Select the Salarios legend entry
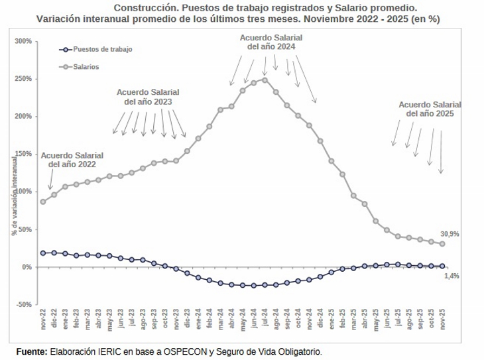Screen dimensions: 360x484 tap(87, 66)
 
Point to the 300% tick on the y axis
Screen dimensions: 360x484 tap(23, 41)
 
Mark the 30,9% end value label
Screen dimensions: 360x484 tap(450, 234)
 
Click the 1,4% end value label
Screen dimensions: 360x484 tap(451, 275)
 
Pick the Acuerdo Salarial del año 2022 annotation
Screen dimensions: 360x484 tap(68, 160)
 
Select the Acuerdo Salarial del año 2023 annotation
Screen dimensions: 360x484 tap(148, 97)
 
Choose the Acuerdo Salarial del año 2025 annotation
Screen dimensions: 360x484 tap(430, 109)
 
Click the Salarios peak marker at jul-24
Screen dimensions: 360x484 tap(265, 80)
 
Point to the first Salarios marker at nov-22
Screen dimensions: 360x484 tap(43, 202)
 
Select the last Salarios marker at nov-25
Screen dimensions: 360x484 tap(442, 244)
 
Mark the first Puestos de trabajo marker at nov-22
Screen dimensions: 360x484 tap(43, 253)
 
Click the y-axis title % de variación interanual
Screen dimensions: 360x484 tap(14, 196)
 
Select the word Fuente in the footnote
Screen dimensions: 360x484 tap(31, 351)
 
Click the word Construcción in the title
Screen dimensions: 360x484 tap(141, 8)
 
